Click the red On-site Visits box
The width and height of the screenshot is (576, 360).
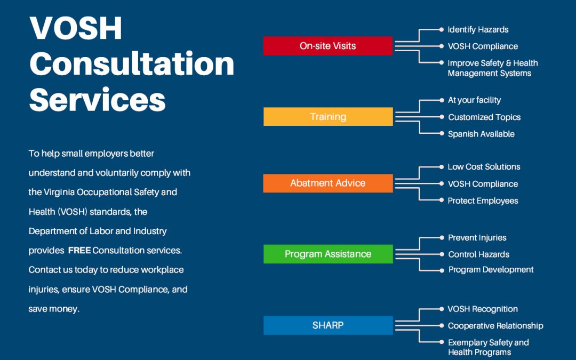(327, 46)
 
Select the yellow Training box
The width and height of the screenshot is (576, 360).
(328, 117)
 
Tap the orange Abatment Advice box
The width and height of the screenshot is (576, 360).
(328, 183)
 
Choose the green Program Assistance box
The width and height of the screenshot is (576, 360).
(328, 254)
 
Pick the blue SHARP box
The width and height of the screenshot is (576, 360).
(328, 325)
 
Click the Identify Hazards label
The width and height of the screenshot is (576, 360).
(478, 29)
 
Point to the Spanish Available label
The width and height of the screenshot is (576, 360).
(481, 134)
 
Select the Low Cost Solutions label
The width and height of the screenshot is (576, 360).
(484, 166)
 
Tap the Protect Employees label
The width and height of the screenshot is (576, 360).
(483, 201)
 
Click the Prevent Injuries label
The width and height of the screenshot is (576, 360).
(477, 237)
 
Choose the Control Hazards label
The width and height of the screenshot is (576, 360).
(478, 254)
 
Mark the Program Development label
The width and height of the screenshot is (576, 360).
(491, 269)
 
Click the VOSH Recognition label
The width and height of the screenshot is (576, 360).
(483, 309)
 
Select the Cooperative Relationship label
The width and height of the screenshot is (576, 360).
(495, 325)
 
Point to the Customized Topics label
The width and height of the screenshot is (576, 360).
(484, 117)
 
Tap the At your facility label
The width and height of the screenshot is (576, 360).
(474, 100)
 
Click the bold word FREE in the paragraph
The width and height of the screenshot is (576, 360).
(79, 250)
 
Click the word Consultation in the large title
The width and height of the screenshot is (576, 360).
(132, 63)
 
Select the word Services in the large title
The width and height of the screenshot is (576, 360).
(97, 99)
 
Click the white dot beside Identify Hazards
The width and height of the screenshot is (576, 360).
(442, 29)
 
